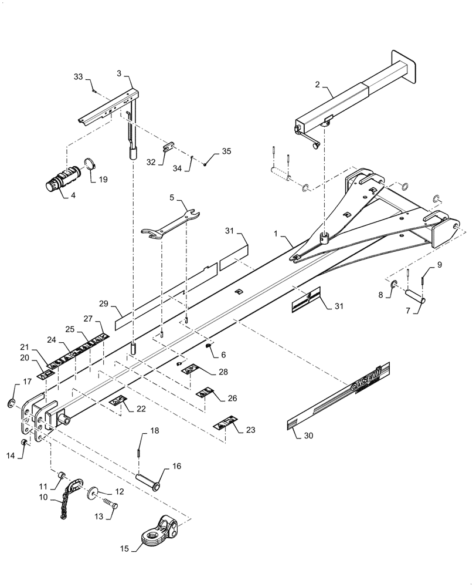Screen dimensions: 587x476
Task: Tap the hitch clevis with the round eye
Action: [x=159, y=529]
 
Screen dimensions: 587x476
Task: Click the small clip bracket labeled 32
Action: [x=166, y=146]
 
